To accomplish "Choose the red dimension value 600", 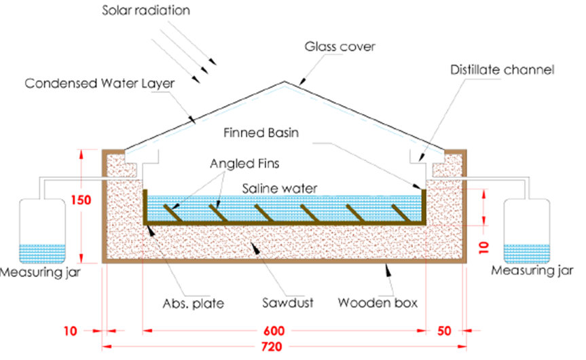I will click(x=284, y=332).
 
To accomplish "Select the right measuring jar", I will click(x=527, y=231).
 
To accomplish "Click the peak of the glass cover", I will click(x=284, y=82).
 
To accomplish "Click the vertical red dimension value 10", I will click(x=486, y=245).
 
